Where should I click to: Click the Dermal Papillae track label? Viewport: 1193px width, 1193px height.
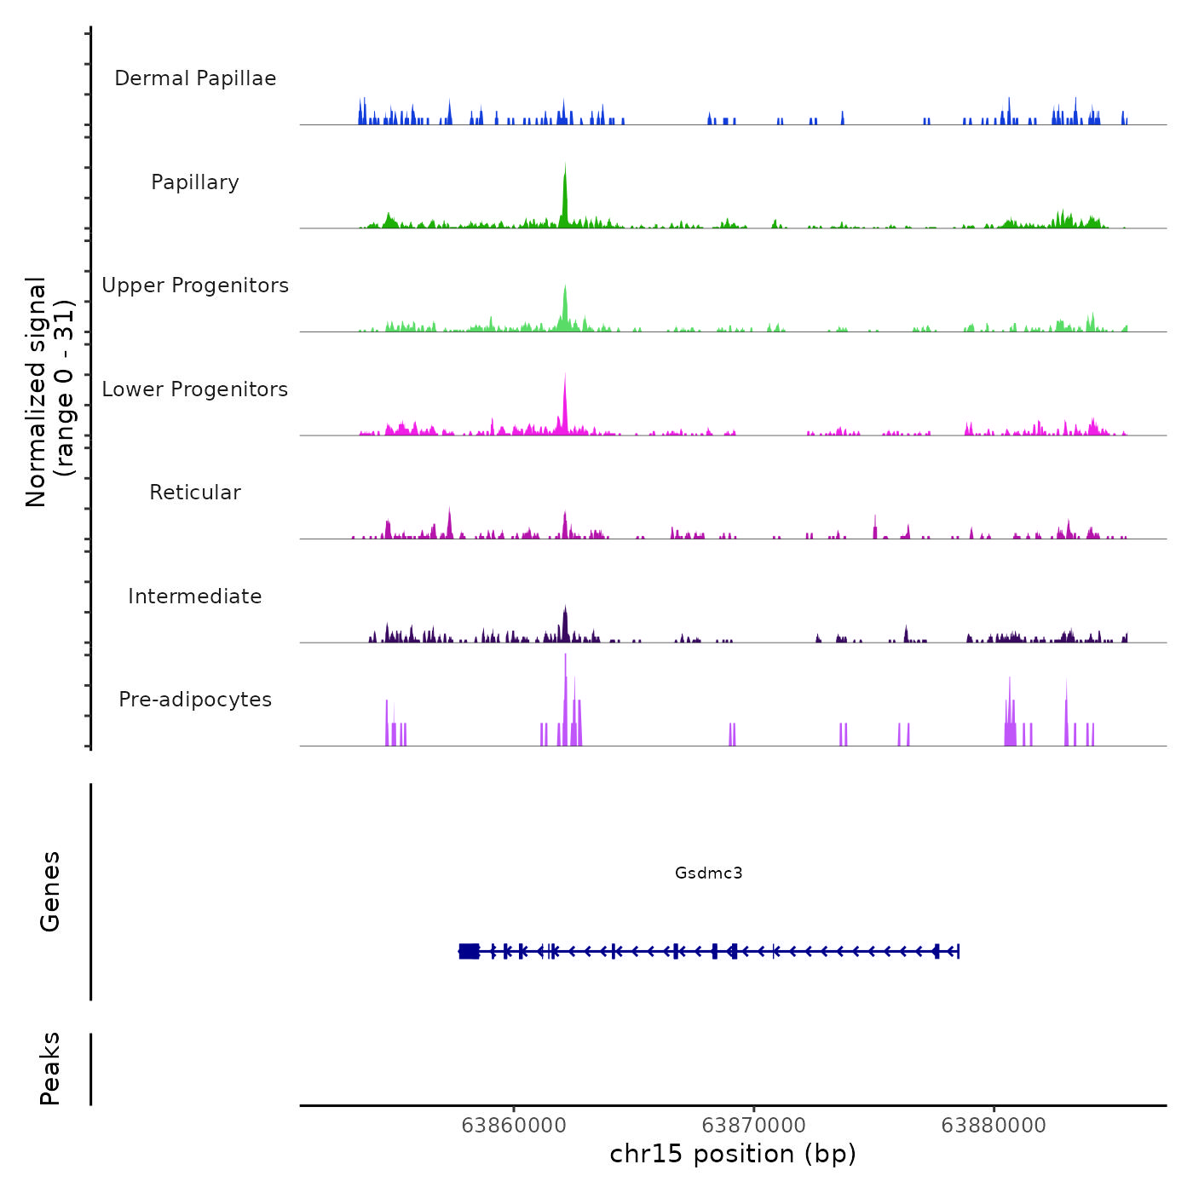pyautogui.click(x=195, y=78)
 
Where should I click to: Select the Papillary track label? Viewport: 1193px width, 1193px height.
pyautogui.click(x=195, y=182)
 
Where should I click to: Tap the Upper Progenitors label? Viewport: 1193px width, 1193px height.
pyautogui.click(x=195, y=285)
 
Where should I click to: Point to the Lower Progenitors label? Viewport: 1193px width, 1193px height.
pyautogui.click(x=195, y=389)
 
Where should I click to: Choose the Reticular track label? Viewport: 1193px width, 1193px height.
pyautogui.click(x=195, y=493)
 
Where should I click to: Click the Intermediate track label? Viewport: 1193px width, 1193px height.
pyautogui.click(x=195, y=596)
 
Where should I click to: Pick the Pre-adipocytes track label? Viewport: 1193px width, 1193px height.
pyautogui.click(x=195, y=700)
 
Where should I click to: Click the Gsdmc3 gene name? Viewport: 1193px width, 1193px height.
pyautogui.click(x=708, y=873)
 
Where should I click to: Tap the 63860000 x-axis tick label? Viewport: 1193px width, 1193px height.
pyautogui.click(x=514, y=1126)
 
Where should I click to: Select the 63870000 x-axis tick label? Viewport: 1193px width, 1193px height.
pyautogui.click(x=754, y=1126)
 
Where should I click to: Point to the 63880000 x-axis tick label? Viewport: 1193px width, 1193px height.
pyautogui.click(x=994, y=1126)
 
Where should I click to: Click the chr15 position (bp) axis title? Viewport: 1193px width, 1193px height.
pyautogui.click(x=733, y=1155)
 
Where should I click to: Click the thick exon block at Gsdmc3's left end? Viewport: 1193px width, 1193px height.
pyautogui.click(x=469, y=951)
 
